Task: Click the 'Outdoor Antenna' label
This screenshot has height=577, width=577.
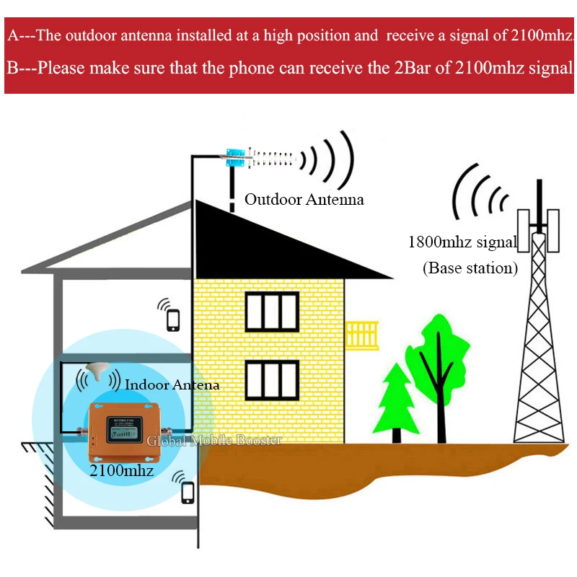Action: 304,199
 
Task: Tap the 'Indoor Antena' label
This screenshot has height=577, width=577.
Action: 172,385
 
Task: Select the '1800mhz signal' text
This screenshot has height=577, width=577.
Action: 462,242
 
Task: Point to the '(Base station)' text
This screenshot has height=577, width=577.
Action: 470,268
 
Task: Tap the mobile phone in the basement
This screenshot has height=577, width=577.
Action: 188,492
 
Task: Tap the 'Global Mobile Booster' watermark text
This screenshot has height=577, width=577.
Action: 214,440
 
